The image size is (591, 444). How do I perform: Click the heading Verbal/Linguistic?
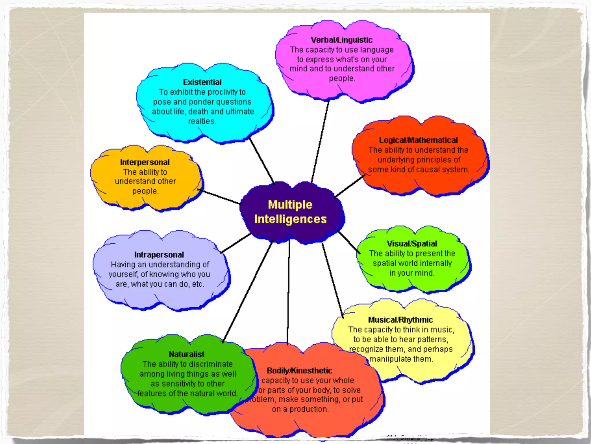[x=341, y=40]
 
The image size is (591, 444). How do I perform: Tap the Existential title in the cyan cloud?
[x=202, y=82]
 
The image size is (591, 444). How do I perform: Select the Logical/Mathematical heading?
[x=418, y=140]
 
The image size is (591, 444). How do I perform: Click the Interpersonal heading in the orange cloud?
[x=145, y=162]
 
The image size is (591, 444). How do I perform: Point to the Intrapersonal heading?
[x=159, y=255]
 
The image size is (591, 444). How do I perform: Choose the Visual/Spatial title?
[x=412, y=244]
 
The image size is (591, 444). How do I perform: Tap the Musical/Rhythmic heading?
[x=400, y=320]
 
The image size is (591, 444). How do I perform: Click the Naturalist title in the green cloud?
[x=187, y=354]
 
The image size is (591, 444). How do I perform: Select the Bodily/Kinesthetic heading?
[x=300, y=371]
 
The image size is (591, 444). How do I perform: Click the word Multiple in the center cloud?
[x=290, y=205]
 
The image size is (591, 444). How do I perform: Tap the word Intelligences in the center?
[x=290, y=219]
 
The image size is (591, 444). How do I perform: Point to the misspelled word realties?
[x=202, y=121]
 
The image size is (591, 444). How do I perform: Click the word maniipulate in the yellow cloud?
[x=388, y=359]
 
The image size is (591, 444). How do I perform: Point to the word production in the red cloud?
[x=308, y=409]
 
